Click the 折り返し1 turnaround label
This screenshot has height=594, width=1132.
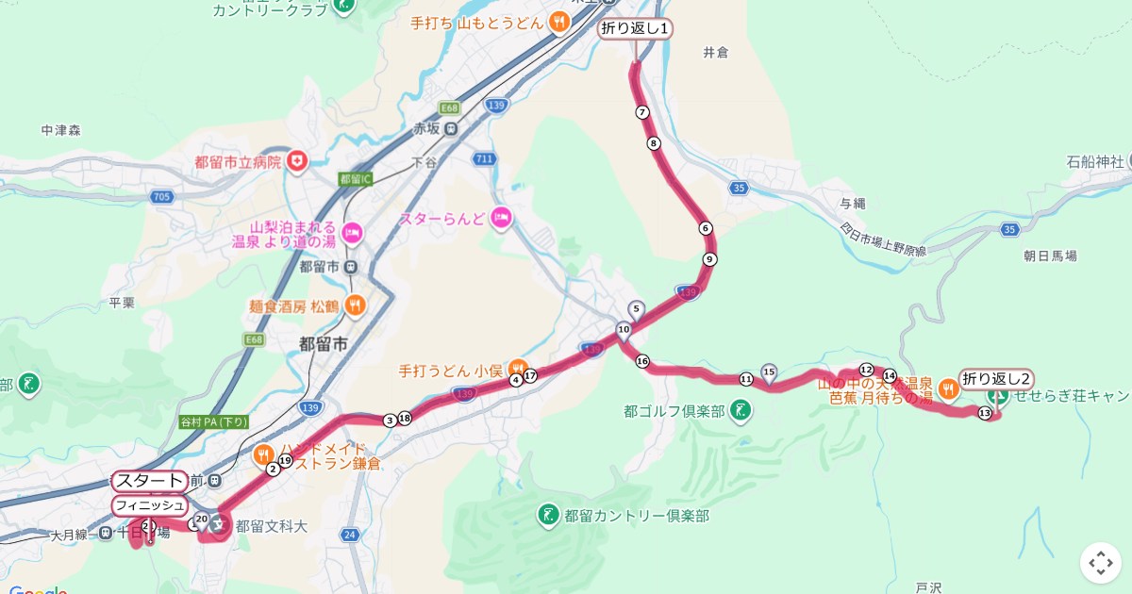(636, 29)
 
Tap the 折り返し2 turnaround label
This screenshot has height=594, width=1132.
(996, 379)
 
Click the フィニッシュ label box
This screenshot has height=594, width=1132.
(149, 506)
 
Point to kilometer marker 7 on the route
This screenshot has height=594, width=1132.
(642, 112)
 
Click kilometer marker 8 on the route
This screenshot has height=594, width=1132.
(653, 143)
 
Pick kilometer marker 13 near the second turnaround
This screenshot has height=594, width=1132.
(985, 414)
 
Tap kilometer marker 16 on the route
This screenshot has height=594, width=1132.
(642, 361)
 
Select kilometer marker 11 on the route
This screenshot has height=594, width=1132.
(745, 379)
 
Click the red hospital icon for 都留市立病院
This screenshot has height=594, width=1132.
(298, 162)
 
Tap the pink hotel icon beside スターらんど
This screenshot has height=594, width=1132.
(500, 219)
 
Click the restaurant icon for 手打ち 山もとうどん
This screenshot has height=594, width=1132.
(559, 23)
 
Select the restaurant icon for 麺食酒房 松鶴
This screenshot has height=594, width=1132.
(355, 305)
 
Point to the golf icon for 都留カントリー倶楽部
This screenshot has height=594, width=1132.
(548, 515)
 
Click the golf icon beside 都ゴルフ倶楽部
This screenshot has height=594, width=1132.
(741, 411)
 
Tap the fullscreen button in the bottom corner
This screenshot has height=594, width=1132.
(1100, 563)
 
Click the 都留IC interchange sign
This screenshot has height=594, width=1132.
(357, 179)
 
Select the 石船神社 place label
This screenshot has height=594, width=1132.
(1095, 162)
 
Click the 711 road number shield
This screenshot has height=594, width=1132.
(484, 158)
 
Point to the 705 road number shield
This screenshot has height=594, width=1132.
(160, 196)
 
